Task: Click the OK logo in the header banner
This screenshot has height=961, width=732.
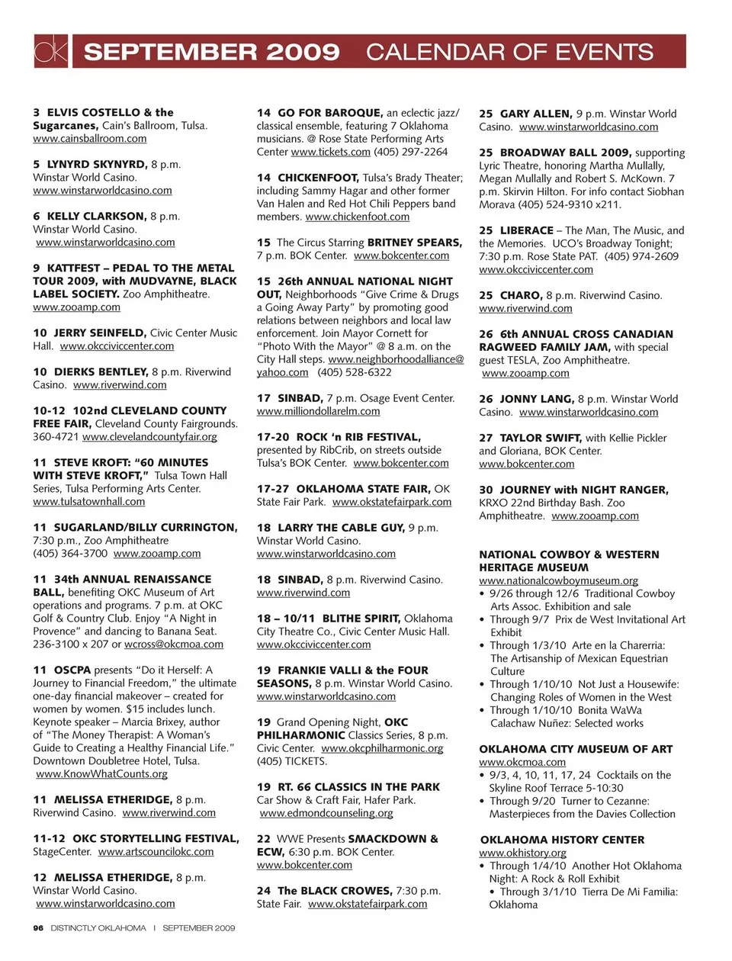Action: tap(51, 51)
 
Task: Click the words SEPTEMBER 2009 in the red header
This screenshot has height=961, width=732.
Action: tap(211, 52)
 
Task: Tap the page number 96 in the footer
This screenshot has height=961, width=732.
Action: tap(38, 928)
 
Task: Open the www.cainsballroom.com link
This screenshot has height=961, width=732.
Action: tap(90, 139)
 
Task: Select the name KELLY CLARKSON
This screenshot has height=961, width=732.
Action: tap(96, 217)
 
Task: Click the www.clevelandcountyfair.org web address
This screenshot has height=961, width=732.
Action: tap(149, 437)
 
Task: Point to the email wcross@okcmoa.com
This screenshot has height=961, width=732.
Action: tap(174, 644)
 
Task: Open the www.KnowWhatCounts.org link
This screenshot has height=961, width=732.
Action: tap(101, 774)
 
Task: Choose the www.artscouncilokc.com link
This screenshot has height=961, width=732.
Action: tap(156, 852)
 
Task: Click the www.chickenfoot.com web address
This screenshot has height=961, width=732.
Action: tap(357, 217)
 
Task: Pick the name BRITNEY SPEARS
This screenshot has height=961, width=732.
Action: tap(414, 243)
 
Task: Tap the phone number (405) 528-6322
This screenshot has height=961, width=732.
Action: tap(354, 372)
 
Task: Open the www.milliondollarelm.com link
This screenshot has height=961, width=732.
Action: tap(318, 411)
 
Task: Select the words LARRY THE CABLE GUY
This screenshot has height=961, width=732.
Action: tap(341, 528)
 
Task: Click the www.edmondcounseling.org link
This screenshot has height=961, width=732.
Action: tap(326, 813)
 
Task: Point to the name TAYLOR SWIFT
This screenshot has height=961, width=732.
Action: tap(541, 438)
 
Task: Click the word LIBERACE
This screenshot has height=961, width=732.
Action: tap(526, 230)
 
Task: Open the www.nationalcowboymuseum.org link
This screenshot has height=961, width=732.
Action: tap(558, 580)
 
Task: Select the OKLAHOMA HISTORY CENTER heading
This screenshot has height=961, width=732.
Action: tap(562, 840)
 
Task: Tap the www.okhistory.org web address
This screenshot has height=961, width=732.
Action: tap(522, 853)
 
